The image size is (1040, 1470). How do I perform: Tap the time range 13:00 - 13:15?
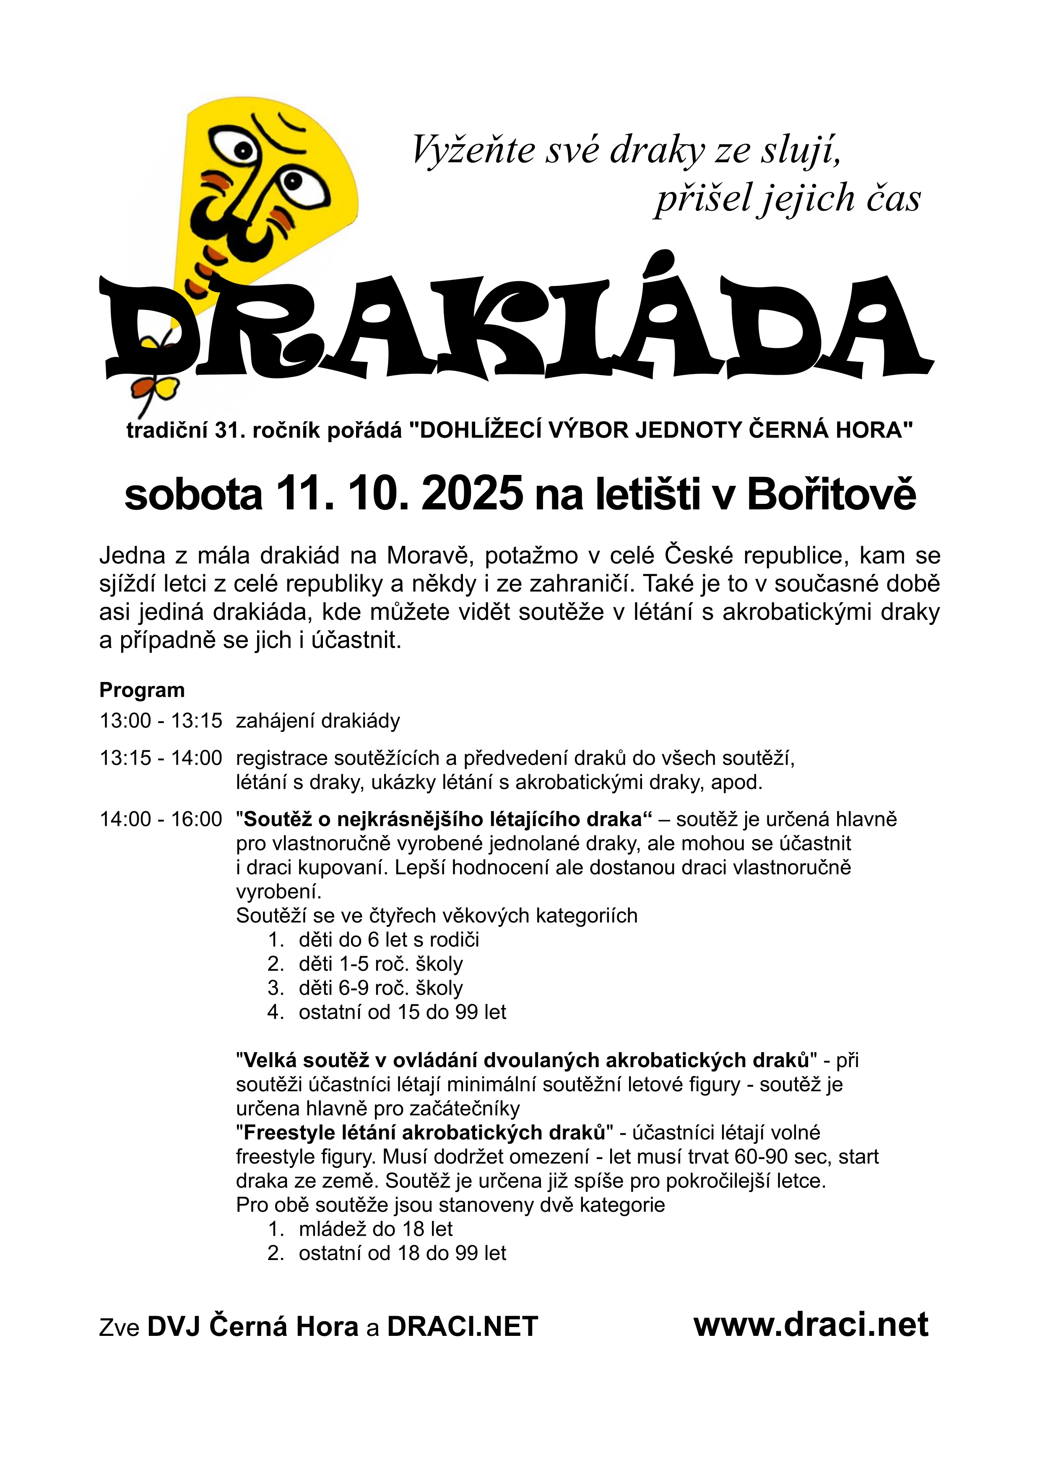click(161, 721)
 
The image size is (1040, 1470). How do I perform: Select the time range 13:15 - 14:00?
click(161, 758)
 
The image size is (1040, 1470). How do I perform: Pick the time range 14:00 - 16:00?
click(161, 819)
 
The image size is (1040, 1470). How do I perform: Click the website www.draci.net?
click(811, 1324)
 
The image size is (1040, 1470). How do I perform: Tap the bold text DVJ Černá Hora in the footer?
click(252, 1326)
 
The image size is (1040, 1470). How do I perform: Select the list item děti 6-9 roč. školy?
click(380, 988)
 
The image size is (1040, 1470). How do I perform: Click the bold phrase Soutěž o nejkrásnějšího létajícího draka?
click(442, 819)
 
